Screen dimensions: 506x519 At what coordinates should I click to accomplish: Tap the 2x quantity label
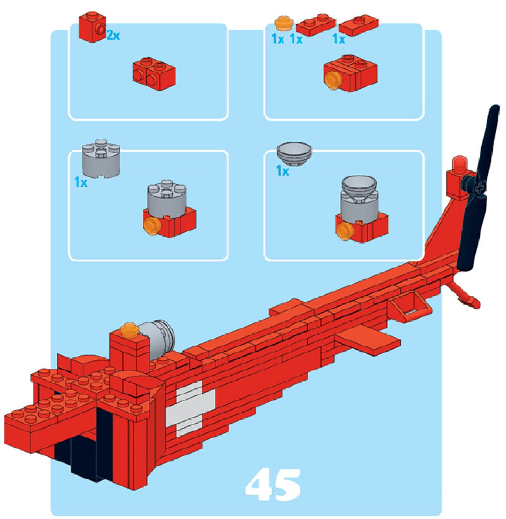[x=113, y=35]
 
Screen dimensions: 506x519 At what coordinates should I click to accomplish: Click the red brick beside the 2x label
[x=92, y=26]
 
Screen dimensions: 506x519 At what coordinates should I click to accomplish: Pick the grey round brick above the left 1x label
[x=101, y=159]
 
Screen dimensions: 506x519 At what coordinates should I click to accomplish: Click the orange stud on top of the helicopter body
[x=129, y=330]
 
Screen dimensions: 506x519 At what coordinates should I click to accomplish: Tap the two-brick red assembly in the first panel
[x=154, y=74]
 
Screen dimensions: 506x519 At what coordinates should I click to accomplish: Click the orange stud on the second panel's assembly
[x=332, y=80]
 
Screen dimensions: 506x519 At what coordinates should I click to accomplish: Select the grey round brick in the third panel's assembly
[x=167, y=199]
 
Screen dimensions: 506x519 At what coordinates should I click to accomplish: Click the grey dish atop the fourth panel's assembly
[x=359, y=187]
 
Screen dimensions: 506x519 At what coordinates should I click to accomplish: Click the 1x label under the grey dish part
[x=283, y=171]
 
